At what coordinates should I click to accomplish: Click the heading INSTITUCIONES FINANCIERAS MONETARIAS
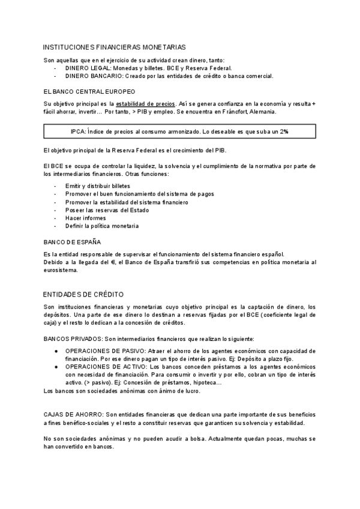click(x=115, y=46)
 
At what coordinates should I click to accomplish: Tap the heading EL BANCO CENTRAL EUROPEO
click(x=89, y=91)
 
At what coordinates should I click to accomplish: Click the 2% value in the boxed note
click(x=283, y=131)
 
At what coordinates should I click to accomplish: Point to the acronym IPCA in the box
click(x=78, y=131)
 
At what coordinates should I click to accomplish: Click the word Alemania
click(x=260, y=111)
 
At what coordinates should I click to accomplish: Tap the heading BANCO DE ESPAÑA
click(x=72, y=242)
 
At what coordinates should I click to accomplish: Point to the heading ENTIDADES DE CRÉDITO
click(x=83, y=294)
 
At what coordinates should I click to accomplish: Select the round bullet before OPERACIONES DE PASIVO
click(x=55, y=350)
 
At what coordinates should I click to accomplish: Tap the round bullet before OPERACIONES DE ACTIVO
click(x=55, y=366)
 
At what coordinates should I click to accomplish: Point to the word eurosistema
click(x=61, y=270)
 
